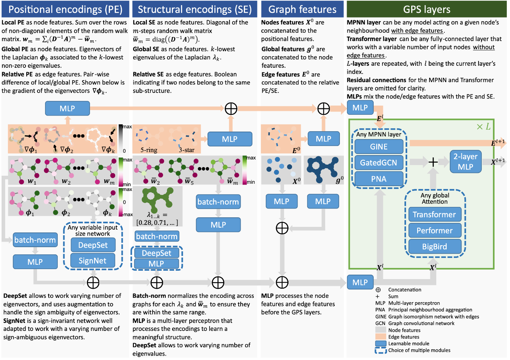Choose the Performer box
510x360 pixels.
[435, 230]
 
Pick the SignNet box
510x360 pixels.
[92, 261]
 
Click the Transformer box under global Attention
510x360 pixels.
[435, 214]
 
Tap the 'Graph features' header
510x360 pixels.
[302, 9]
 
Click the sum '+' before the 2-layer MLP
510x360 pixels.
[433, 162]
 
